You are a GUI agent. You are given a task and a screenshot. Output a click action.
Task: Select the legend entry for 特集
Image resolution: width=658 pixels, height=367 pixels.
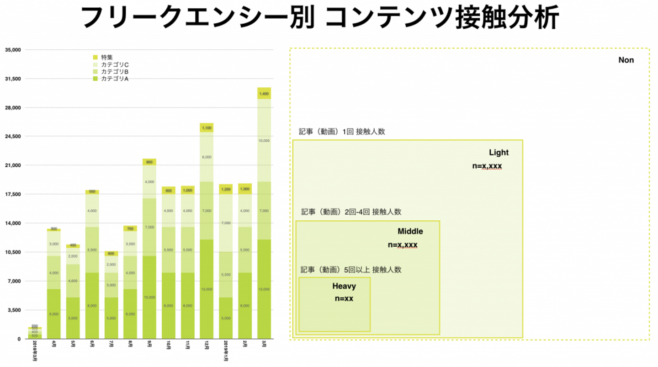pyautogui.click(x=106, y=57)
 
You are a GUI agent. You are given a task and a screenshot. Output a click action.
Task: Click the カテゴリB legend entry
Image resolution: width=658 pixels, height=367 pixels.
pyautogui.click(x=114, y=72)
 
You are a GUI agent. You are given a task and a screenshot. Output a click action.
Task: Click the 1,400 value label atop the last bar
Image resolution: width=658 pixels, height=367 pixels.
pyautogui.click(x=264, y=94)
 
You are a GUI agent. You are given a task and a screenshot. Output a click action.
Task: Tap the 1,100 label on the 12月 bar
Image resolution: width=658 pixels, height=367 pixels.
pyautogui.click(x=207, y=128)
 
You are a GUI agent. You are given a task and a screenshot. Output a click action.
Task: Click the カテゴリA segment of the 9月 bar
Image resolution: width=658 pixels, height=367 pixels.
pyautogui.click(x=149, y=297)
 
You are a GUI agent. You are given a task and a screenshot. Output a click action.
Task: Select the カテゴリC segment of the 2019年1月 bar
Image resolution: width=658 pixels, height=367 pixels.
pyautogui.click(x=226, y=223)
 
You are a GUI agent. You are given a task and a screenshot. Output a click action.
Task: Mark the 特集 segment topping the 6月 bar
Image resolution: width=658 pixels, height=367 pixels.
pyautogui.click(x=92, y=192)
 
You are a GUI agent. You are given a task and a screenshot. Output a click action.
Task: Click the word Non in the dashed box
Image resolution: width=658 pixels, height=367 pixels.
pyautogui.click(x=626, y=60)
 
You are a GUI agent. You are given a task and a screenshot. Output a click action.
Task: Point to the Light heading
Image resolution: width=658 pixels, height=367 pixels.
pyautogui.click(x=499, y=153)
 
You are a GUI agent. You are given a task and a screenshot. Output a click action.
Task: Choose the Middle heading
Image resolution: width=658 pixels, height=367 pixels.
pyautogui.click(x=410, y=231)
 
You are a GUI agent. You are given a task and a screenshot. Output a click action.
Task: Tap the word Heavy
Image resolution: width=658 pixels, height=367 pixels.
pyautogui.click(x=344, y=287)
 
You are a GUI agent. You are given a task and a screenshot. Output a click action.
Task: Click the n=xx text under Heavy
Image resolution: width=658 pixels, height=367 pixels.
pyautogui.click(x=344, y=299)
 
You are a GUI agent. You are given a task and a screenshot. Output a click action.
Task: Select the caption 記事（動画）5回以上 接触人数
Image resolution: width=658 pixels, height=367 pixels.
pyautogui.click(x=351, y=270)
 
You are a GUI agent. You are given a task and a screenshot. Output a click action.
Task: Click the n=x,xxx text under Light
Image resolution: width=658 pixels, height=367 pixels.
pyautogui.click(x=487, y=166)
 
